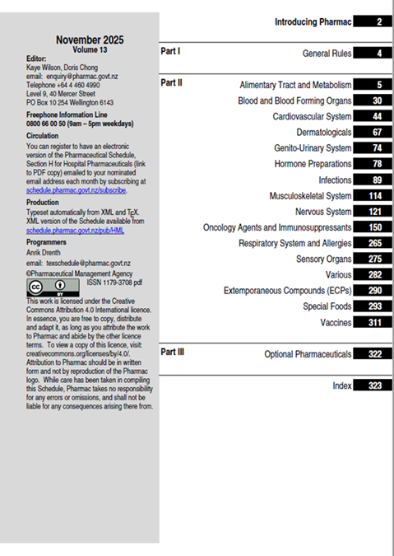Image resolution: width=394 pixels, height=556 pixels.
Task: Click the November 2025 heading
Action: tap(90, 40)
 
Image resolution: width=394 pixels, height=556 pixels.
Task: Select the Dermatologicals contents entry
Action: tap(324, 133)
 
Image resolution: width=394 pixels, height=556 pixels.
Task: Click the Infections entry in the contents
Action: tap(335, 180)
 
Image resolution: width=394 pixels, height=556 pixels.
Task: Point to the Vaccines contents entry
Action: tap(336, 323)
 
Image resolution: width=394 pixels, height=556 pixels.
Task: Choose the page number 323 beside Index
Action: tap(375, 385)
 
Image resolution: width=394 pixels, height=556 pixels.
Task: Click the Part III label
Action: tap(173, 352)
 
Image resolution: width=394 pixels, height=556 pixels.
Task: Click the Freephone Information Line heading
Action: tap(67, 115)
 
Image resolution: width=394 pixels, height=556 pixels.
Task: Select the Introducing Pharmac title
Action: tap(313, 21)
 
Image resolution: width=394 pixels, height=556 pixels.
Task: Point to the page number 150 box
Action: tap(375, 227)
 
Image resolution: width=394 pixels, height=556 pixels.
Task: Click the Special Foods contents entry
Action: tap(327, 306)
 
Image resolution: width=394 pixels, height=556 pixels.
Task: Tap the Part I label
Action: tap(170, 51)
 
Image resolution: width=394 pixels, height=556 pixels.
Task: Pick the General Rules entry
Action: tap(327, 54)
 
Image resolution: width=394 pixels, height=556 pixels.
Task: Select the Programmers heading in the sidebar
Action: tap(49, 243)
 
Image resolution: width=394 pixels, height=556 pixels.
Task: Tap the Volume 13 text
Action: tap(90, 49)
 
